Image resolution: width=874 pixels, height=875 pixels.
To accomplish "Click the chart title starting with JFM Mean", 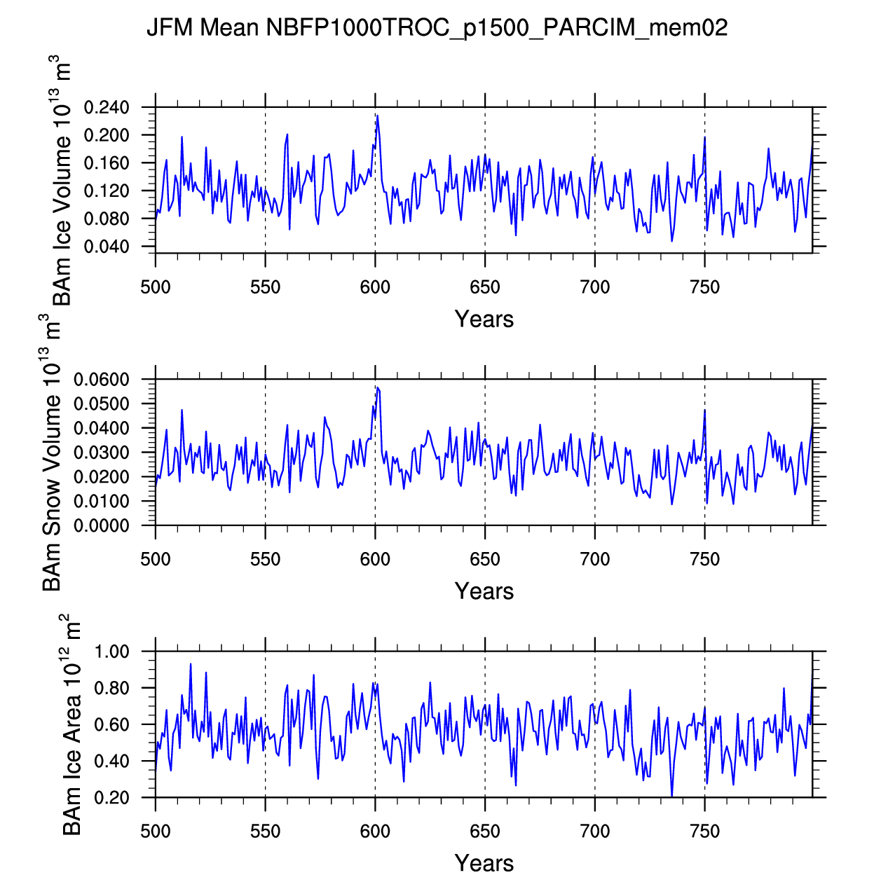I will (x=437, y=28).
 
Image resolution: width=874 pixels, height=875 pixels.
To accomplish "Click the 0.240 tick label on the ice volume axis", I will (x=107, y=108).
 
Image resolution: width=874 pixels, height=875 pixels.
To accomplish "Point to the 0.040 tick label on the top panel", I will (x=107, y=247).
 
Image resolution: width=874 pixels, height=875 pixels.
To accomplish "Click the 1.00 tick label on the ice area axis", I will (x=112, y=652).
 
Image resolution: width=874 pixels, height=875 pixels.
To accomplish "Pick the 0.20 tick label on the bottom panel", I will (x=112, y=798).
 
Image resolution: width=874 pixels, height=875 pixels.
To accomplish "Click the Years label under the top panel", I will (x=484, y=319).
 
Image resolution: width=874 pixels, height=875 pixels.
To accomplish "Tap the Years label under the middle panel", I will (x=484, y=591).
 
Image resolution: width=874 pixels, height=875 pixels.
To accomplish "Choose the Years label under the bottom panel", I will (x=484, y=863).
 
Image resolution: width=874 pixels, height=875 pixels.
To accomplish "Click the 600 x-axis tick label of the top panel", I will (x=375, y=287).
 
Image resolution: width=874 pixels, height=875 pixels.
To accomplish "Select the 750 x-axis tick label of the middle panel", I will (x=704, y=559).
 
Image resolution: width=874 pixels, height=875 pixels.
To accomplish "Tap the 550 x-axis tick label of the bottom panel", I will (x=265, y=832).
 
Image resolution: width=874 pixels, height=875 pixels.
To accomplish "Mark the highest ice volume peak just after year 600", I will (x=377, y=115).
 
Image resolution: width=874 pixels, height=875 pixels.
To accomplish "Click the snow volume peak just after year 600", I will (x=378, y=387).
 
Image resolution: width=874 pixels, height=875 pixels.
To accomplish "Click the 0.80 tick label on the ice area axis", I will (x=112, y=689).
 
